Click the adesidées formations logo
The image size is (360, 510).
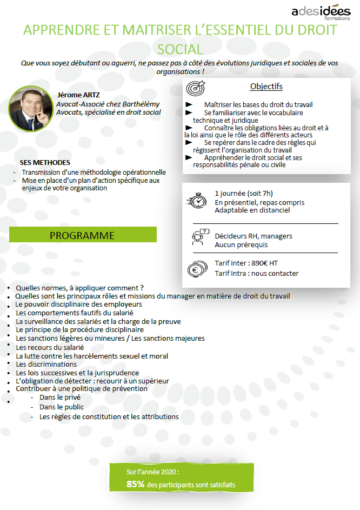tap(321, 11)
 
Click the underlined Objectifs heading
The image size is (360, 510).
tap(266, 87)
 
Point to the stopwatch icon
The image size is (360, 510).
tap(198, 200)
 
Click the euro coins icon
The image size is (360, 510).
tap(197, 268)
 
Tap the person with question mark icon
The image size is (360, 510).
tap(199, 236)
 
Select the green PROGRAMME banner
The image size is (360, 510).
tap(83, 235)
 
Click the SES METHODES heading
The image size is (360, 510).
tap(45, 163)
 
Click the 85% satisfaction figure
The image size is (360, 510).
tap(135, 485)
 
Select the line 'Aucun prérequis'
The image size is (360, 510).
tap(241, 245)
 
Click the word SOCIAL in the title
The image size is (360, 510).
tap(180, 50)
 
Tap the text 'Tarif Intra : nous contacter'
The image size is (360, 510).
tap(256, 273)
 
